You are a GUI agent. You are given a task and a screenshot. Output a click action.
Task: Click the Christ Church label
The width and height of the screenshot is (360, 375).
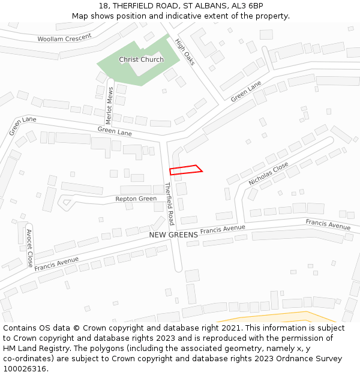pyautogui.click(x=141, y=59)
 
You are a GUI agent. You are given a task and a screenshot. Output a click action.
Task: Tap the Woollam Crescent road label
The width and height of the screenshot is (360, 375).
pyautogui.click(x=64, y=38)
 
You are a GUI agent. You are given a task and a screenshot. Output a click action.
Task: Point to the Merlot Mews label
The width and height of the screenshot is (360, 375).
pyautogui.click(x=110, y=106)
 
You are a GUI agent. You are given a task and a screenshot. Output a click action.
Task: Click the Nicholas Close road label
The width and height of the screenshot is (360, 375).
pyautogui.click(x=268, y=173)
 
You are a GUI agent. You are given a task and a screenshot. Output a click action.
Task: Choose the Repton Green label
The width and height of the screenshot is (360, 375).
pyautogui.click(x=136, y=199)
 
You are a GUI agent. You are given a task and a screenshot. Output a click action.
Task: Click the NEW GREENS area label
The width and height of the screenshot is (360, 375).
pyautogui.click(x=173, y=235)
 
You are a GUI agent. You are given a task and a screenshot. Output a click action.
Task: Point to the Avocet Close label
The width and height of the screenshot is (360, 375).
pyautogui.click(x=29, y=248)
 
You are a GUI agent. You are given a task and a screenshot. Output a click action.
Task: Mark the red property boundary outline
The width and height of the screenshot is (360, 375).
pyautogui.click(x=185, y=170)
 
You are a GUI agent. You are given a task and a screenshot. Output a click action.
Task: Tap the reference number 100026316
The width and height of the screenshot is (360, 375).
pyautogui.click(x=25, y=369)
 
